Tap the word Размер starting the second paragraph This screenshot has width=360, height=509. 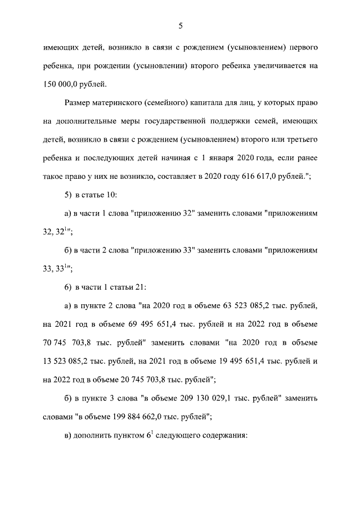[79, 102]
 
